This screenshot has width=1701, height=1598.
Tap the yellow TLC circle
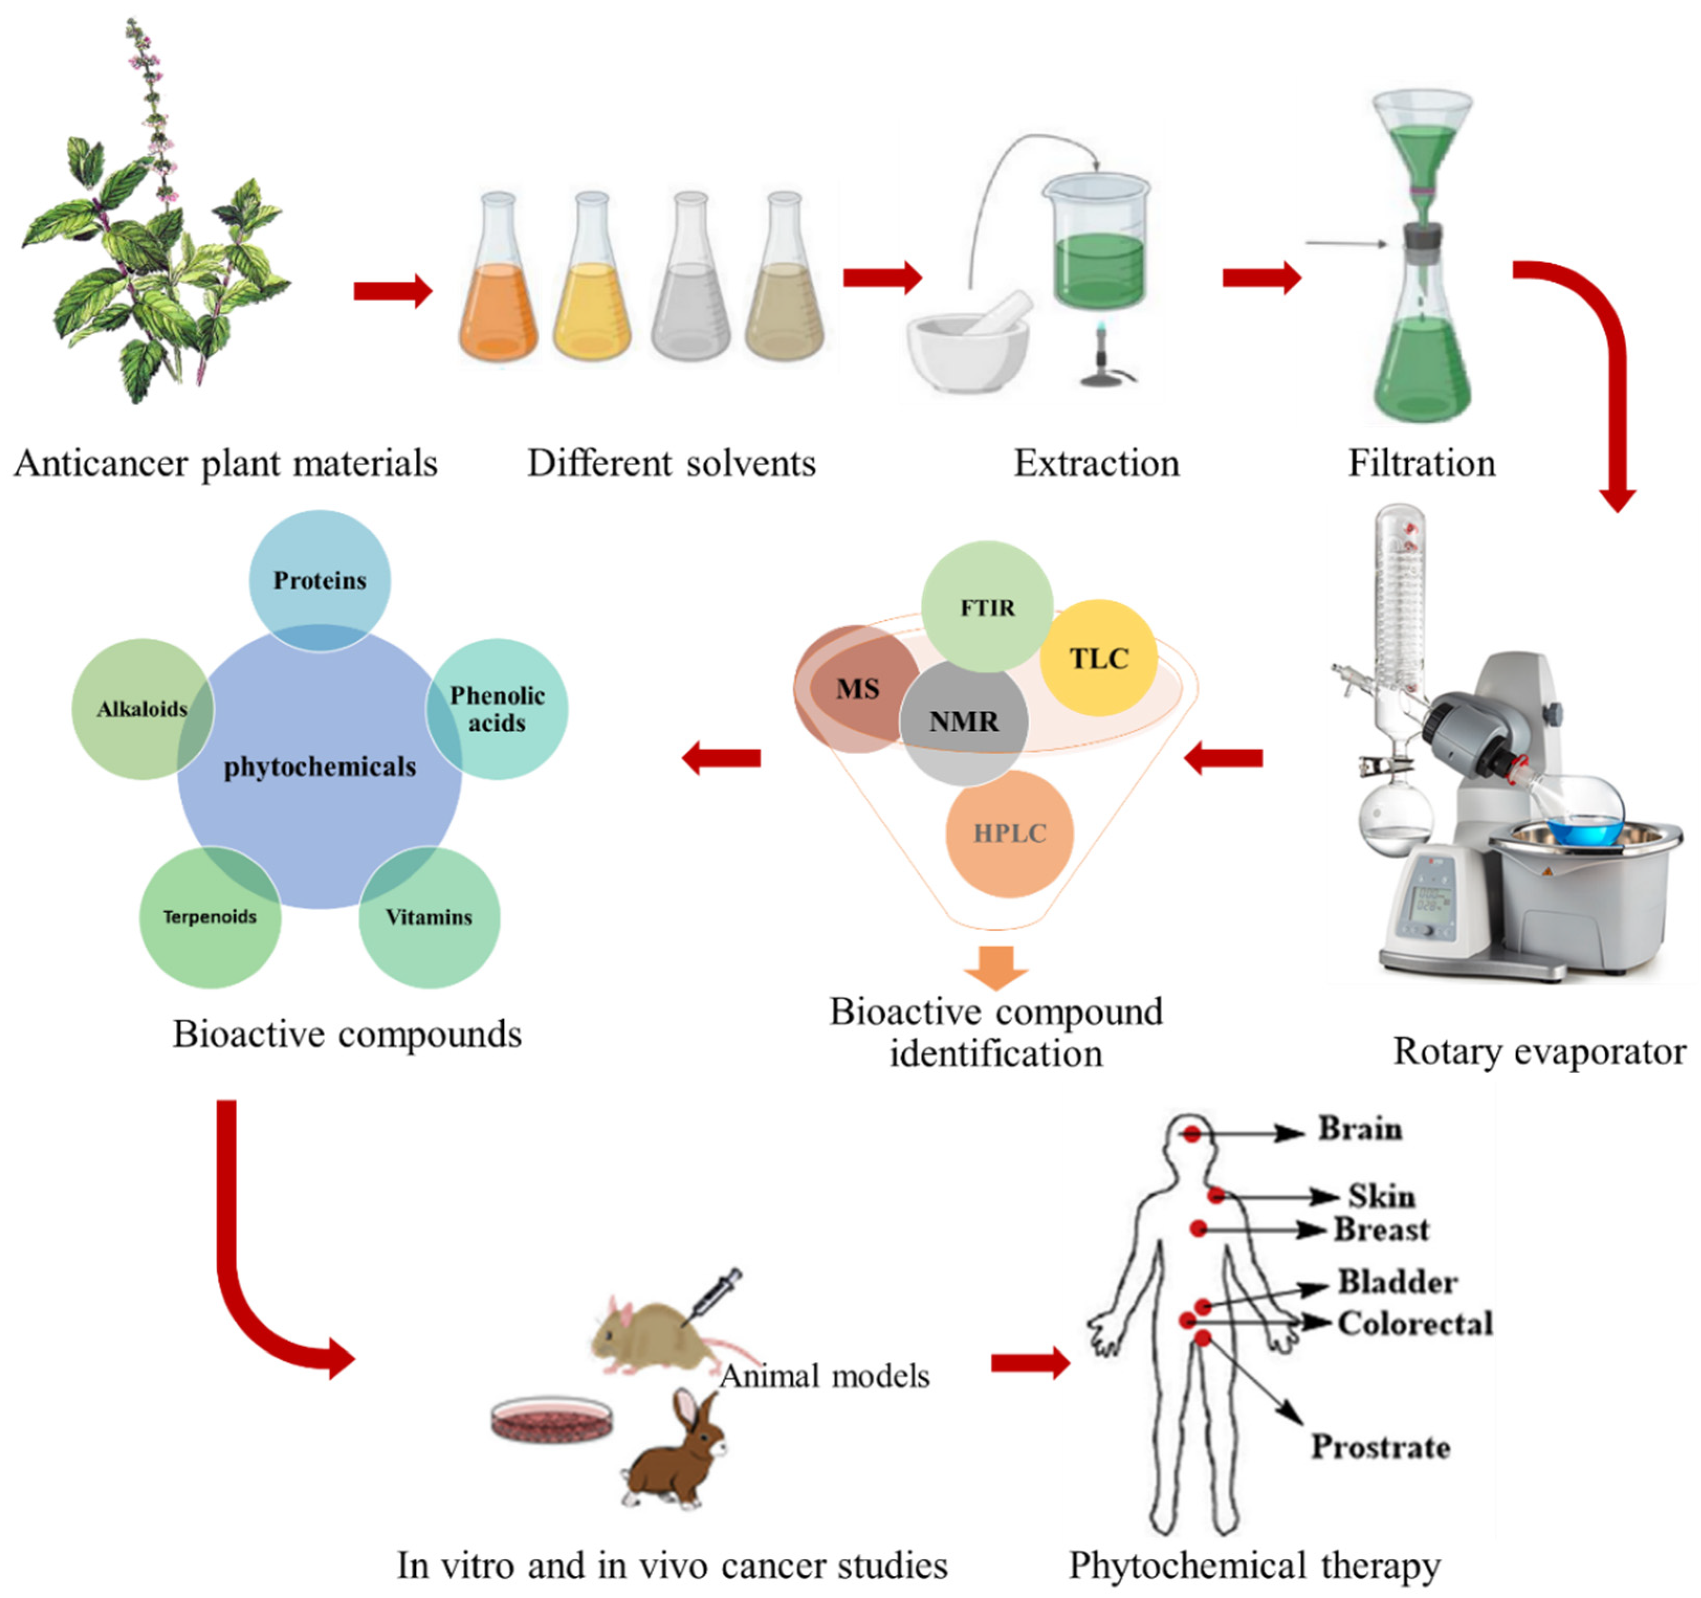coord(1099,658)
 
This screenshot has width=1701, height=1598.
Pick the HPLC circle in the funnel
coord(1009,833)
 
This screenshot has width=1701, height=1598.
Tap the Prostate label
coord(1380,1447)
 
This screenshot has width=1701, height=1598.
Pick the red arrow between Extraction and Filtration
coord(1261,277)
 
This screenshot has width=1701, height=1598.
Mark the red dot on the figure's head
coord(1191,1134)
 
